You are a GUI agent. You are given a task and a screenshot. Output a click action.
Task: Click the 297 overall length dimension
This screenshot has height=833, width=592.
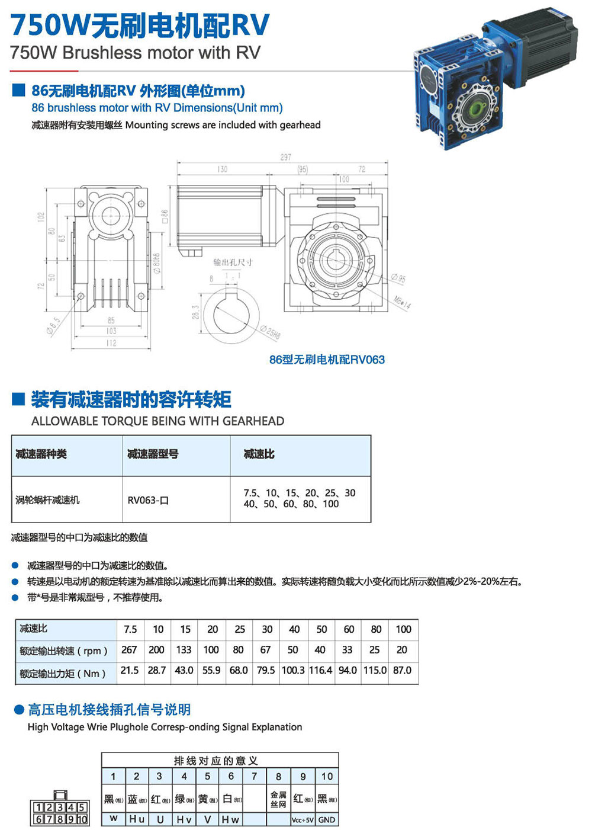tap(286, 157)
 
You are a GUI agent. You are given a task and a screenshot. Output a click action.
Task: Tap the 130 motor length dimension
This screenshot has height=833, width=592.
tap(222, 169)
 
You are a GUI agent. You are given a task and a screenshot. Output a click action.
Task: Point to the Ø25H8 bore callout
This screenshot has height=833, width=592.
tap(270, 332)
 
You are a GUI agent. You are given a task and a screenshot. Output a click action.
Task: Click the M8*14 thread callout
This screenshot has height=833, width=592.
tap(402, 302)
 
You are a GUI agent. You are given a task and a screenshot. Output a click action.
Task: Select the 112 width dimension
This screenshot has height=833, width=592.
tap(111, 343)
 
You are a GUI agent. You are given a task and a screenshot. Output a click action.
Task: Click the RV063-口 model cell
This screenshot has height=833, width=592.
tap(148, 500)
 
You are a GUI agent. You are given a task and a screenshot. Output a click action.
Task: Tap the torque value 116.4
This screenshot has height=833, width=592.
tap(321, 670)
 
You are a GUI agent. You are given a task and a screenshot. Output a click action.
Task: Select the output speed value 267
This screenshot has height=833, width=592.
tap(129, 650)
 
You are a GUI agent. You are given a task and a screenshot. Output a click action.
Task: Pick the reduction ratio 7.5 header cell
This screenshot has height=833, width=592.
tap(130, 629)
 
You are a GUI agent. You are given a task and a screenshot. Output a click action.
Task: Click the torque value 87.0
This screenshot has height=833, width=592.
tap(402, 670)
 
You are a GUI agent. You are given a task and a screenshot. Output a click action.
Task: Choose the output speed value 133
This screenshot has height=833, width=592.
tap(184, 650)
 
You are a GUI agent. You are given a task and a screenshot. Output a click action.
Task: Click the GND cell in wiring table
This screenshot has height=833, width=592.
tap(327, 820)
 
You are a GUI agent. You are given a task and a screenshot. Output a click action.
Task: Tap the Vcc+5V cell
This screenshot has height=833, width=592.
tap(303, 820)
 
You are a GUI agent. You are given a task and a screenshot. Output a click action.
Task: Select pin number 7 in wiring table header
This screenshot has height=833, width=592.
tap(255, 776)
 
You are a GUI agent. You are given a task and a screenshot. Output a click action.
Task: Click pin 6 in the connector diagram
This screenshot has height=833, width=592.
tap(38, 819)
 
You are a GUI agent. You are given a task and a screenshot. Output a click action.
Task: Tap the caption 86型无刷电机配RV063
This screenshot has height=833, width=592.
tap(327, 360)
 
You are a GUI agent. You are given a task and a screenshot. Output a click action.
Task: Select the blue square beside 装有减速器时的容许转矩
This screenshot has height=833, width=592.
tap(18, 399)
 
